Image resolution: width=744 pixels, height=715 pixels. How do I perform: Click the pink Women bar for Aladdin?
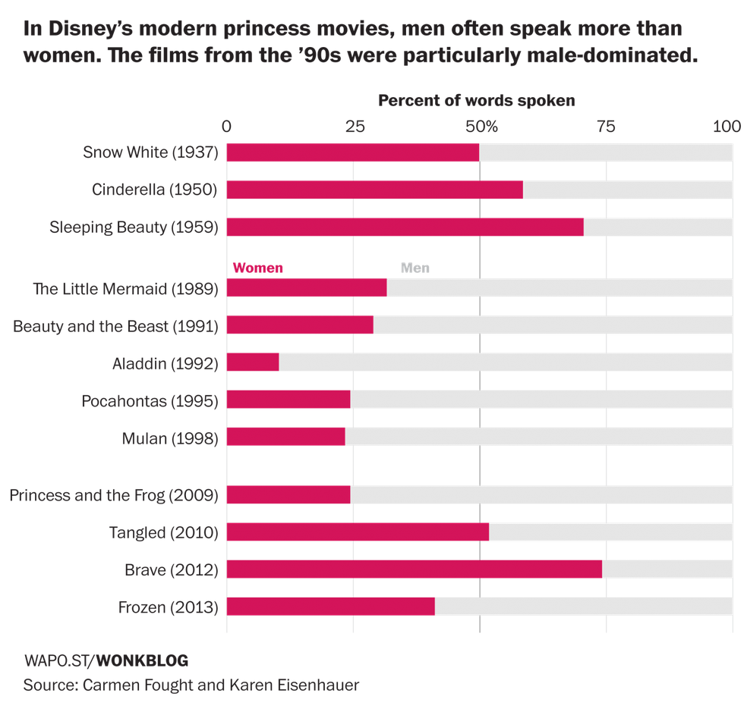pos(252,362)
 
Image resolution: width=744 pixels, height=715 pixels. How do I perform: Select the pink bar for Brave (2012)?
pos(414,569)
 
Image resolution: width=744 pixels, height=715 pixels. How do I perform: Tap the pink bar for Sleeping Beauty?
pos(405,227)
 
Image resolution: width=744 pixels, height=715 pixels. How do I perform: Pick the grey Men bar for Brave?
pos(667,569)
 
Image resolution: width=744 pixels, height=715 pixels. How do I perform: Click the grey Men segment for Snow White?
pos(606,152)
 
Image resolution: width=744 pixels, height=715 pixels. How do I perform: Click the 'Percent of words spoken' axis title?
pos(476,100)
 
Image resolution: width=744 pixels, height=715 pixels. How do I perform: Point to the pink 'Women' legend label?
pos(257,268)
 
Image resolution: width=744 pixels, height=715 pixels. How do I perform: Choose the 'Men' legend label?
pos(415,268)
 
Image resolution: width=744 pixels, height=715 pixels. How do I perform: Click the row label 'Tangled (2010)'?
pos(163,532)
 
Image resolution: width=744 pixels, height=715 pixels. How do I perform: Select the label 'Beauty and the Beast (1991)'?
pos(115,326)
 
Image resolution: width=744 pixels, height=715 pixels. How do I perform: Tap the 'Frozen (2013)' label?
pos(168,607)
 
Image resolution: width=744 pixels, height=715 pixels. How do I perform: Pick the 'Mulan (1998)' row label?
pos(169,437)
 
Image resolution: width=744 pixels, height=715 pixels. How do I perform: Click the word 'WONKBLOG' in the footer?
pos(142,660)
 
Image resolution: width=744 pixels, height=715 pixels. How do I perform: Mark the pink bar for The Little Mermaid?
pos(306,288)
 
